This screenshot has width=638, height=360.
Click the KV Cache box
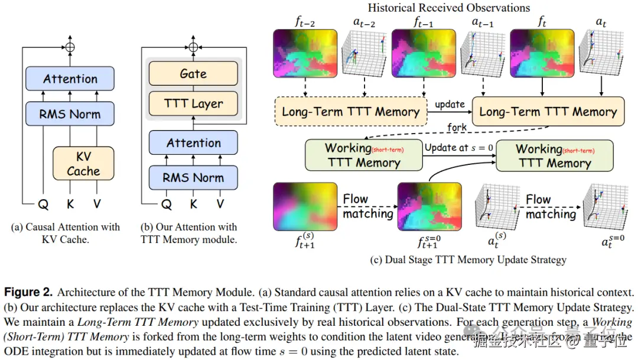[x=83, y=163]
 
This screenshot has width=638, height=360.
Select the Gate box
[x=193, y=74]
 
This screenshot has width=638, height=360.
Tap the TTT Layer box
[x=193, y=104]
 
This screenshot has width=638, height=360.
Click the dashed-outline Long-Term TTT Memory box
[x=351, y=112]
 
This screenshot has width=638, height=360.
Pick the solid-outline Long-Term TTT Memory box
[x=548, y=112]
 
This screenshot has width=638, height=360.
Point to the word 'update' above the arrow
[x=450, y=104]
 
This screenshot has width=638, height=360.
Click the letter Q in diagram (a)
[x=43, y=204]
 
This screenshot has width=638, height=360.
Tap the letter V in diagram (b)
[x=220, y=204]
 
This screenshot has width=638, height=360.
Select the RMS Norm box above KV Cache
[x=70, y=113]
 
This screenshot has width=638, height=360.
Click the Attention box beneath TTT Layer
[x=193, y=143]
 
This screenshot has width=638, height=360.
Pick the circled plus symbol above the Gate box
[x=193, y=47]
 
